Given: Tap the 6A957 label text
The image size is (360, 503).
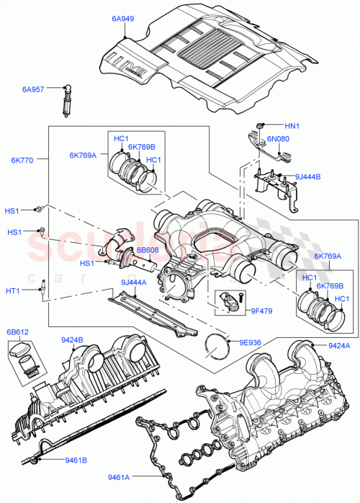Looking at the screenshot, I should (33, 90).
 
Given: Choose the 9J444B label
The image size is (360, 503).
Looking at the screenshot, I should (309, 176).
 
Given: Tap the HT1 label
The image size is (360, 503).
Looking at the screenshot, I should (14, 290).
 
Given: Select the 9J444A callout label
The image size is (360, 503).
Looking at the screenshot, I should (134, 282).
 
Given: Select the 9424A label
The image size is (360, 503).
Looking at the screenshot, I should (339, 345).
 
